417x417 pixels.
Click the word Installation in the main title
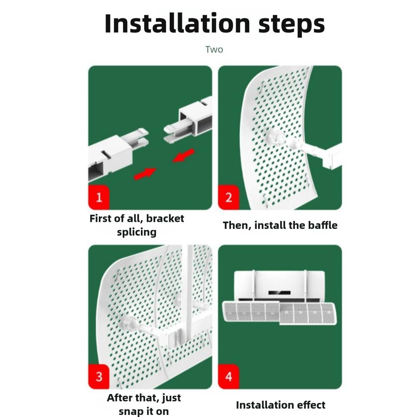point(177,23)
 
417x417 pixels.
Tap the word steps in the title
point(292,25)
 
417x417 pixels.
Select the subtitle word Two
point(214,50)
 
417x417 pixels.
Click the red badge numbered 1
point(99,197)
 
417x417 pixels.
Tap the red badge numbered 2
point(229,197)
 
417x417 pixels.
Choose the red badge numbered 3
point(99,377)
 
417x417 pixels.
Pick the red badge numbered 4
point(229,377)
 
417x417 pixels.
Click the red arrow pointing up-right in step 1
point(145,173)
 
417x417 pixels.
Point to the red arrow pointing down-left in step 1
point(183,155)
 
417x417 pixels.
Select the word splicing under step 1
point(137,232)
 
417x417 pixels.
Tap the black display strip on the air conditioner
point(279,293)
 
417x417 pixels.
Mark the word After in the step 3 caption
point(120,398)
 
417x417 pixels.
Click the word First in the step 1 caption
point(100,219)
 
